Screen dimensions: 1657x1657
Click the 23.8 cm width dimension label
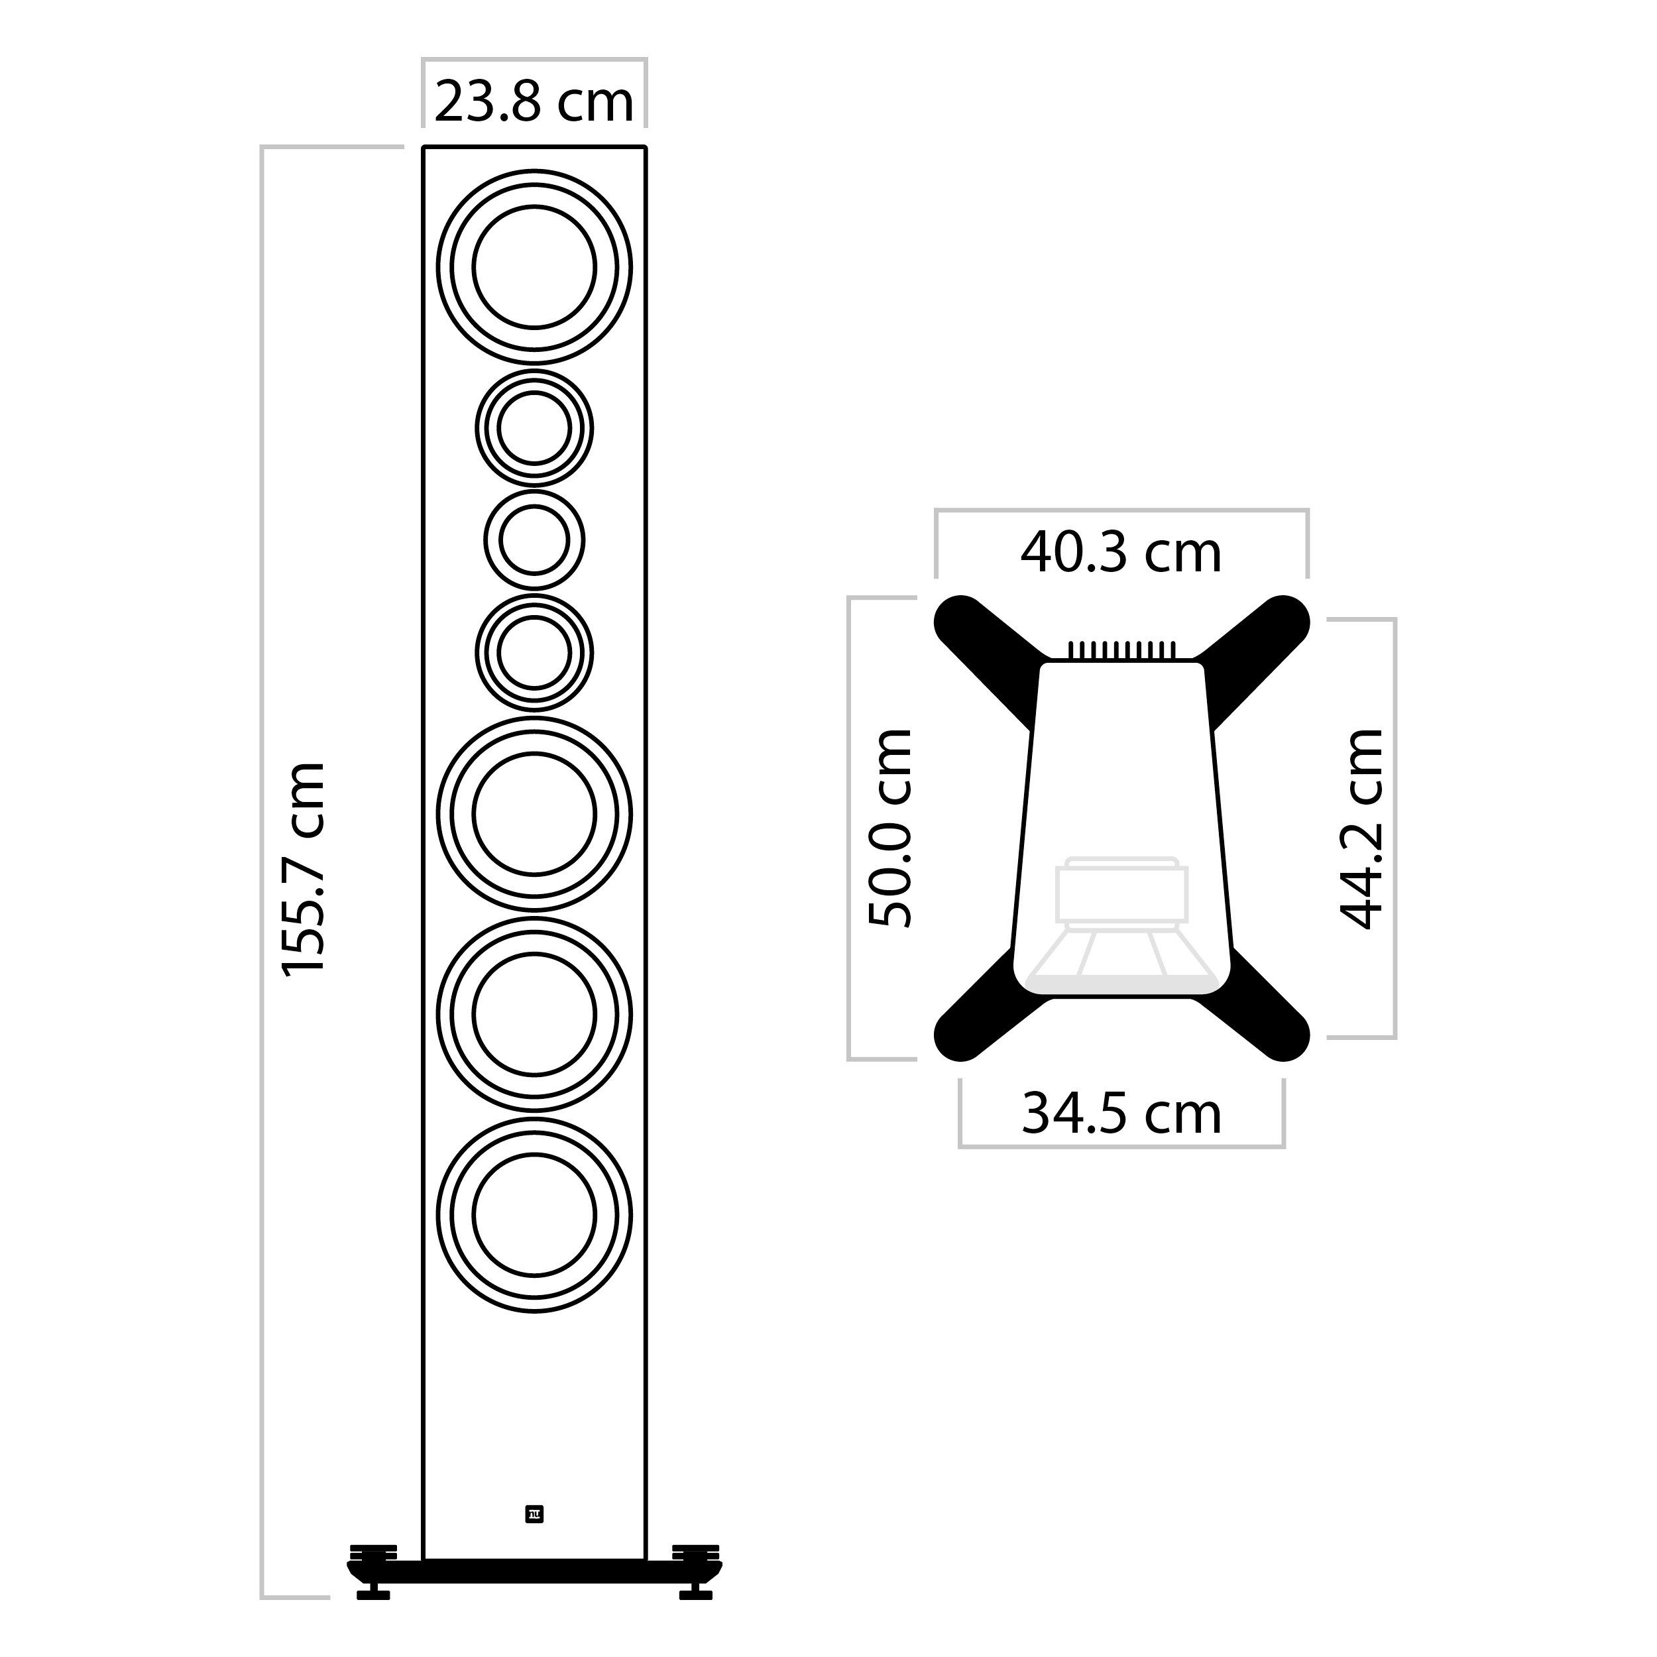pos(534,102)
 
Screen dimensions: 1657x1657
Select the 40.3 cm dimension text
pos(1120,553)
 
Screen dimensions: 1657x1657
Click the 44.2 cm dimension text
pos(1361,828)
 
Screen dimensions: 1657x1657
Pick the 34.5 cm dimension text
pos(1121,1114)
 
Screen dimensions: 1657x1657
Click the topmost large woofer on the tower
pos(534,266)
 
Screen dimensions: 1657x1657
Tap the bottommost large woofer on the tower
pos(534,1216)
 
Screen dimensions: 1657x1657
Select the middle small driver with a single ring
pos(534,540)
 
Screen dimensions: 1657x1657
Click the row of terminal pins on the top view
pos(1121,651)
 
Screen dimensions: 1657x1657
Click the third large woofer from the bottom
pos(534,813)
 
